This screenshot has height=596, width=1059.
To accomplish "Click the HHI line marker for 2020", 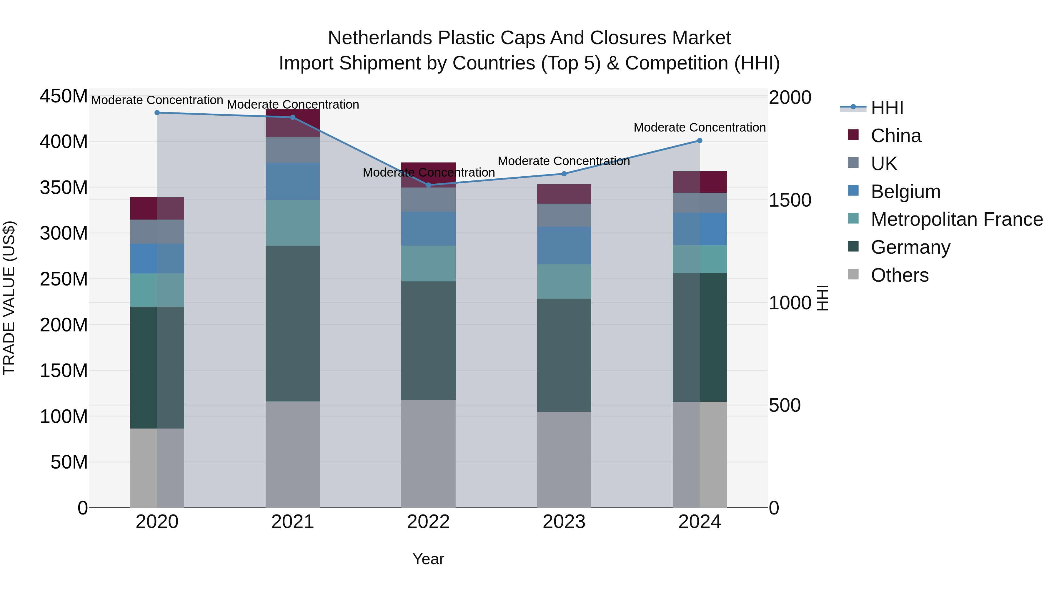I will (157, 113).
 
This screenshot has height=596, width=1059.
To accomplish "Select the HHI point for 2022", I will (428, 185).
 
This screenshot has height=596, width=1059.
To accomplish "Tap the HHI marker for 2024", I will (700, 141).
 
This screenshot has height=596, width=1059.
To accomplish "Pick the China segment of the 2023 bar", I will (564, 194).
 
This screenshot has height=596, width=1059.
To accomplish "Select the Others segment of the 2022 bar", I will (428, 453).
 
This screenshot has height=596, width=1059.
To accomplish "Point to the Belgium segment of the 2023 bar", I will (564, 245).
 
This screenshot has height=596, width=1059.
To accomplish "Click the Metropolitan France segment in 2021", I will (293, 223).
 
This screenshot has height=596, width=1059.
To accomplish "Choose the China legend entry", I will (895, 136).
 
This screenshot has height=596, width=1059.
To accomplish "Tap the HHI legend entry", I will (887, 108).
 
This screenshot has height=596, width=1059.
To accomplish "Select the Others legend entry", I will (899, 275).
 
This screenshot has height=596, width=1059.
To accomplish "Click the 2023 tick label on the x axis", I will (564, 522).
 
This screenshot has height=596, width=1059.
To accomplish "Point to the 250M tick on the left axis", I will (64, 279).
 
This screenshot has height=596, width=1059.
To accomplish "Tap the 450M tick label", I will (64, 96).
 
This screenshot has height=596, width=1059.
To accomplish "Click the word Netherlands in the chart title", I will (380, 38).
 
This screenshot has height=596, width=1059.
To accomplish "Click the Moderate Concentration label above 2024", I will (700, 127).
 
